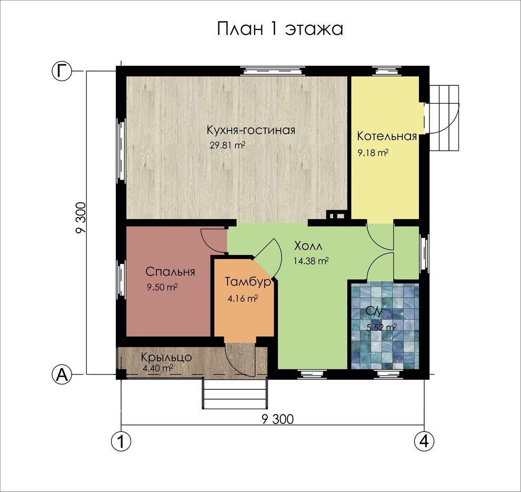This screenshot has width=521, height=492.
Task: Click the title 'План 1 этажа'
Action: click(280, 28)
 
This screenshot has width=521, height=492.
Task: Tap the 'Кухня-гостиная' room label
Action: click(251, 130)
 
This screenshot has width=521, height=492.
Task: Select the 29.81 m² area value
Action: click(227, 145)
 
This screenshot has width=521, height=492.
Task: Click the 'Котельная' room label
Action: click(387, 136)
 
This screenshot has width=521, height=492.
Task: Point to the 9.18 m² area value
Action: click(373, 153)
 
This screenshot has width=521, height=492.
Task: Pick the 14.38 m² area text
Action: click(311, 261)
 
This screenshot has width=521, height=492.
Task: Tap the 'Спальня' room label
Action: click(170, 272)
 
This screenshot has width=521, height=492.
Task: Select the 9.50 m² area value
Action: click(162, 287)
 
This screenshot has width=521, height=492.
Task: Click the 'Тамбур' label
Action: click(247, 282)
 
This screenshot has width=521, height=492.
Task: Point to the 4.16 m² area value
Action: click(243, 298)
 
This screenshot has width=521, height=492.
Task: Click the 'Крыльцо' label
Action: click(166, 358)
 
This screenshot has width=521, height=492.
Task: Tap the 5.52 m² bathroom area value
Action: click(382, 327)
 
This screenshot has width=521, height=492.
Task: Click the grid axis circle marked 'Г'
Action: click(62, 71)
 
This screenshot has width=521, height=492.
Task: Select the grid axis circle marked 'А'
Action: click(62, 375)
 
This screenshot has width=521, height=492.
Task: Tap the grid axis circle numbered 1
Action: click(121, 441)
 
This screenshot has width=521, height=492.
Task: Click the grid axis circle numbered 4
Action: click(424, 441)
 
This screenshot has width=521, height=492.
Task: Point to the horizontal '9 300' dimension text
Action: click(278, 419)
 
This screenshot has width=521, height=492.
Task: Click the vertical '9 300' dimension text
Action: click(81, 218)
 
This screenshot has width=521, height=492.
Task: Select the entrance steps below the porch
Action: click(235, 393)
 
